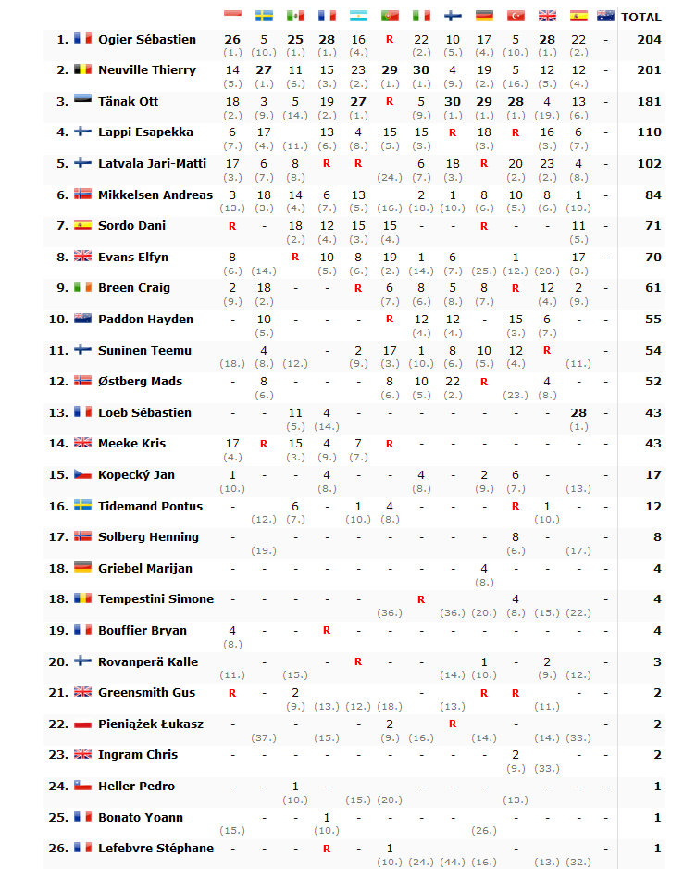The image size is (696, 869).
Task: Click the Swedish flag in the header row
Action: (x=264, y=16)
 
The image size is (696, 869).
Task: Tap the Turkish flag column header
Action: (x=516, y=16)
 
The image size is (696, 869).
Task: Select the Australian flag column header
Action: (x=606, y=16)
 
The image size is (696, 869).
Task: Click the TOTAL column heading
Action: (x=640, y=17)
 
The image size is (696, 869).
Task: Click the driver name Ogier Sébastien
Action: (x=147, y=39)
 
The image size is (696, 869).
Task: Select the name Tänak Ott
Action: (x=128, y=101)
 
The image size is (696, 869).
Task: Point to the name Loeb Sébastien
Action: (x=144, y=412)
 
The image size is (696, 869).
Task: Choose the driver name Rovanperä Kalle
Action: (x=148, y=661)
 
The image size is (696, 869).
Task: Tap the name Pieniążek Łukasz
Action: (x=151, y=724)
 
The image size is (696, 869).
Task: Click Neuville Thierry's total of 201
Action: (x=649, y=70)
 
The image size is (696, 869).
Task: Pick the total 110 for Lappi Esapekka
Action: (x=649, y=132)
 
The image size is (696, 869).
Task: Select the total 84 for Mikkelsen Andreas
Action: (x=652, y=195)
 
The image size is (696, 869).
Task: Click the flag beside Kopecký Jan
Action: (x=82, y=474)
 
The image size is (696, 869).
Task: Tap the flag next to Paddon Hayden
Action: (x=82, y=319)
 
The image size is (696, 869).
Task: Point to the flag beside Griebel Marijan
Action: (x=82, y=568)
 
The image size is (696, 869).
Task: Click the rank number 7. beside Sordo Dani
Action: (x=62, y=226)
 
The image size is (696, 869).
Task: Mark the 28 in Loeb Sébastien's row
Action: (x=578, y=412)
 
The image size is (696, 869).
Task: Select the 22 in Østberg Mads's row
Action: (x=453, y=381)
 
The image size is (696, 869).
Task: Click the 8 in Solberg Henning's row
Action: (x=516, y=536)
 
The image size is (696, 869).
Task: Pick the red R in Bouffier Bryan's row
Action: (x=327, y=630)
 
